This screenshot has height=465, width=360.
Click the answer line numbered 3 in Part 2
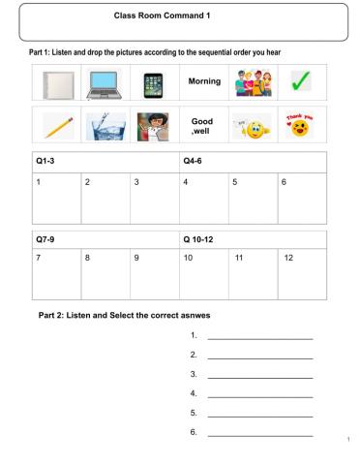[x=260, y=375]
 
